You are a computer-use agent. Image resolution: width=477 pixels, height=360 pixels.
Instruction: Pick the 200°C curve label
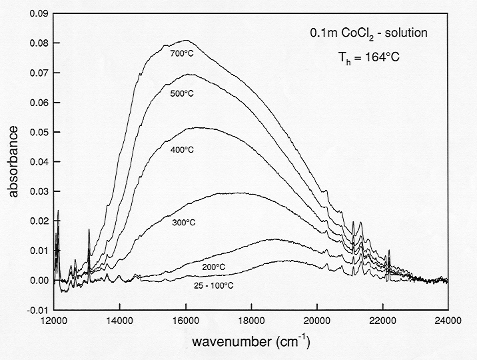[214, 267]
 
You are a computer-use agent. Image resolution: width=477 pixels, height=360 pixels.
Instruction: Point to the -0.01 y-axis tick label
[35, 310]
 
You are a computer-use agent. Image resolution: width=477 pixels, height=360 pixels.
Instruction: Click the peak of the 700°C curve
[185, 41]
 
